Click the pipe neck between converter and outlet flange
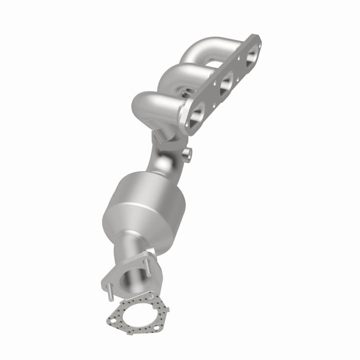coord(131,248)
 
